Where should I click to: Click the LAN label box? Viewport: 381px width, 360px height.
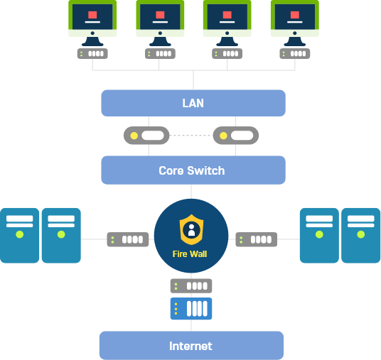tap(193, 103)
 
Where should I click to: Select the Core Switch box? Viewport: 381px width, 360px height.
tap(193, 170)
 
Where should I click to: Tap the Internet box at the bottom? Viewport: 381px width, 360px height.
tap(191, 345)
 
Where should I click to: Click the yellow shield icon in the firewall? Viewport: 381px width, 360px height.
tap(191, 229)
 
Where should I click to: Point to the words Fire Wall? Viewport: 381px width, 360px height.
tap(190, 254)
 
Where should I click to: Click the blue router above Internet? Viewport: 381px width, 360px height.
tap(191, 309)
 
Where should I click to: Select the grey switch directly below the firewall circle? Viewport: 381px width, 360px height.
tap(191, 286)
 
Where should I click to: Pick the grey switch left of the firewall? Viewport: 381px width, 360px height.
tap(128, 239)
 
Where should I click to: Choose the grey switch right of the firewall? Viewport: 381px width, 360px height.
tap(257, 239)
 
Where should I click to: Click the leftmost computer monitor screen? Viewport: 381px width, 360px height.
tap(92, 17)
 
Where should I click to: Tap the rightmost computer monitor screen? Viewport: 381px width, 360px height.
tap(295, 17)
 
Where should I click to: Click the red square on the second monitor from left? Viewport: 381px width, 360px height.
tap(160, 15)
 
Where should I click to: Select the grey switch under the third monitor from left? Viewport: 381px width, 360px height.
tap(227, 54)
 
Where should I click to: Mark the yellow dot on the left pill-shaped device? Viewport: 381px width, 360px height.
tap(134, 136)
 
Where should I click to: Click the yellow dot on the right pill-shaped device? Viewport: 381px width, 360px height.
tap(223, 136)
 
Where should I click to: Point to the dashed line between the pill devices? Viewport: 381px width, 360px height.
tap(191, 135)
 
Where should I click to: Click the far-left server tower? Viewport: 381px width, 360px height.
tap(19, 236)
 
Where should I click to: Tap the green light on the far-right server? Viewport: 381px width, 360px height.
tap(361, 234)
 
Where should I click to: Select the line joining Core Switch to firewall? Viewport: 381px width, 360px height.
tap(191, 192)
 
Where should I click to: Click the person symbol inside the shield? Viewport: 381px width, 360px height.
tap(191, 230)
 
